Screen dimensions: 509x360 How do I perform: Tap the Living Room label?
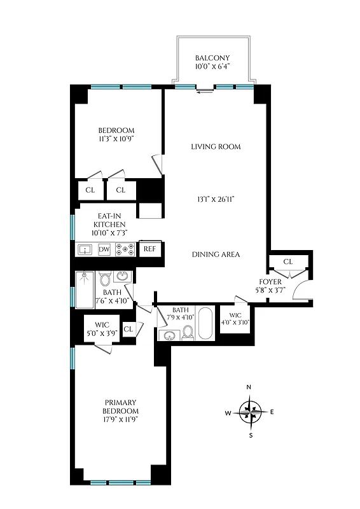(216, 147)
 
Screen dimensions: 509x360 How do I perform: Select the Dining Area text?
(216, 254)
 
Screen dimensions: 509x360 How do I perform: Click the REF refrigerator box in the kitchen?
(149, 249)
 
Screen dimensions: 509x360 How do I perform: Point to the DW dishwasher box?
(104, 249)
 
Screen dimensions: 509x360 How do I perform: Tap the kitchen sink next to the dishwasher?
(85, 249)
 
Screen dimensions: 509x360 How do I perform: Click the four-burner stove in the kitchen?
(125, 249)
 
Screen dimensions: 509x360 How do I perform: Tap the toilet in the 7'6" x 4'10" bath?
(106, 279)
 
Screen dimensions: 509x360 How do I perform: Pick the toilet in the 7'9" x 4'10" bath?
(187, 333)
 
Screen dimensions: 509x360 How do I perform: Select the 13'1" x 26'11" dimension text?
(216, 199)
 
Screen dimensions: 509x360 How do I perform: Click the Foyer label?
(270, 281)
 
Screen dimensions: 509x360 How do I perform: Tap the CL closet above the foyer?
(287, 261)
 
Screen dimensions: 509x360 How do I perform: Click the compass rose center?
(250, 411)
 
